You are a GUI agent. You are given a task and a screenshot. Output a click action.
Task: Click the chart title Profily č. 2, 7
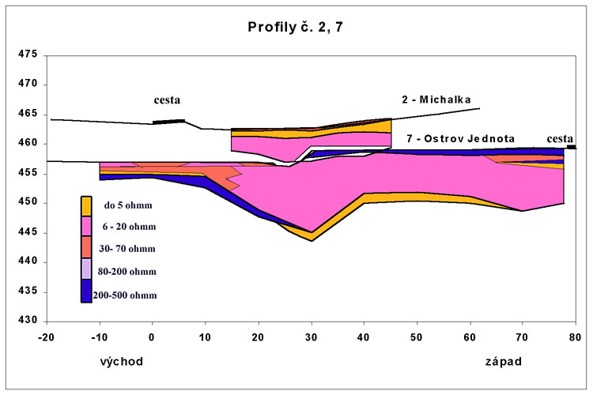tap(296, 28)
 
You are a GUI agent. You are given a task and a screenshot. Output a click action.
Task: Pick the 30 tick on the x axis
tap(311, 335)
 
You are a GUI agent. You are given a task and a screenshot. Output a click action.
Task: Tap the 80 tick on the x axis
tap(576, 335)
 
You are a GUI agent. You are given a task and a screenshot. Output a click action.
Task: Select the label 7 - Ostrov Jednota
tap(460, 138)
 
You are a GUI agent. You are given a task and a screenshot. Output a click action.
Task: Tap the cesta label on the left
tap(167, 100)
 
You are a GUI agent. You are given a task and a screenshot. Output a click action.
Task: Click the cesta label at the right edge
tap(560, 138)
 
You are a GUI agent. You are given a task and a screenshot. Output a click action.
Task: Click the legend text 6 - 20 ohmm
tap(130, 227)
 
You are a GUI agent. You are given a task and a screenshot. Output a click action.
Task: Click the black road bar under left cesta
tap(168, 121)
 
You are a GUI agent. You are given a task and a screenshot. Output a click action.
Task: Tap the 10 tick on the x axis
tap(205, 335)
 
